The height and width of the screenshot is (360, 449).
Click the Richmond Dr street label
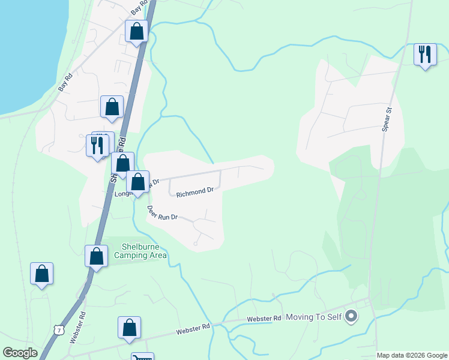click(x=195, y=191)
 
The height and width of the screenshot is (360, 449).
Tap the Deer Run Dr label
click(x=163, y=214)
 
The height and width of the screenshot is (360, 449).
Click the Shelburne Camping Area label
click(x=143, y=251)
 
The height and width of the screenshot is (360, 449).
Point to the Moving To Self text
click(x=312, y=316)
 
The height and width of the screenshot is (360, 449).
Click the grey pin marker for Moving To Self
click(x=352, y=316)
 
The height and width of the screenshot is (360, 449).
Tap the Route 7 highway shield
click(x=58, y=329)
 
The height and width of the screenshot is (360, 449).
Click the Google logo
click(x=20, y=353)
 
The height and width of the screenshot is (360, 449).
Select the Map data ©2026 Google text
click(x=412, y=355)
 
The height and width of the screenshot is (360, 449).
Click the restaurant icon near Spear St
click(x=426, y=55)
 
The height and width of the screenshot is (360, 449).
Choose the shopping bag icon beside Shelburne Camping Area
click(x=97, y=256)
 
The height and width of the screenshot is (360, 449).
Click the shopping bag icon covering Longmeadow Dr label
click(x=138, y=182)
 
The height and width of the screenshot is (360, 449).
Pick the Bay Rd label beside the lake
click(x=65, y=82)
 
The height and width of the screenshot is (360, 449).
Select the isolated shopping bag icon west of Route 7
click(x=41, y=274)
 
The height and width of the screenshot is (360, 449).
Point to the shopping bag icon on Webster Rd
click(x=129, y=328)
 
